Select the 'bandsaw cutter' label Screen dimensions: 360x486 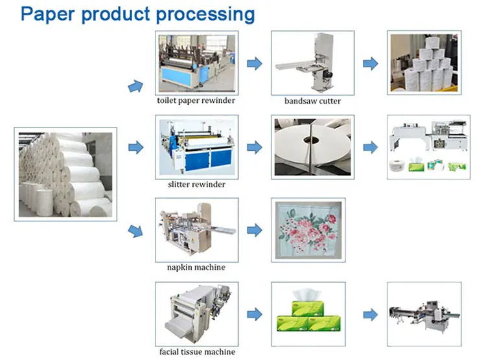coord(312,101)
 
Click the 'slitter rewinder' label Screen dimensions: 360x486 coord(196,185)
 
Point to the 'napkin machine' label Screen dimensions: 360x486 coord(195,267)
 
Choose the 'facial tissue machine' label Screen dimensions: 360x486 coord(196,352)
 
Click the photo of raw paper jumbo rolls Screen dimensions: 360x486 coord(65,174)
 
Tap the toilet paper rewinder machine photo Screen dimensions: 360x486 coord(196,63)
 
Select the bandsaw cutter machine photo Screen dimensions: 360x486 coord(312,63)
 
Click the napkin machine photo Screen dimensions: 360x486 coord(196,230)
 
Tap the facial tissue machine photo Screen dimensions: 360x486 coord(196,314)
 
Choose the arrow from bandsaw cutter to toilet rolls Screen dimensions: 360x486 coord(370,63)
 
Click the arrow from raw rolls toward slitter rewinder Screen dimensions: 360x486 coord(135,148)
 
